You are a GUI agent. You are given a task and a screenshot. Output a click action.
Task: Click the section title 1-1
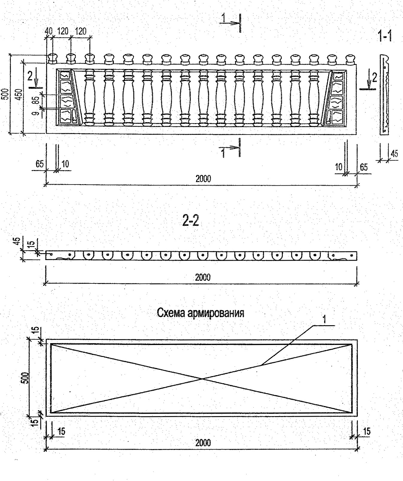point(385,36)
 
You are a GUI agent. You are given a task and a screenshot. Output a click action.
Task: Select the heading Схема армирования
point(200,313)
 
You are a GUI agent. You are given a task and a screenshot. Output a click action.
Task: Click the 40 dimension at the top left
point(48,31)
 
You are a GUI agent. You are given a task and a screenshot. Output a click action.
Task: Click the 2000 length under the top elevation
point(203,179)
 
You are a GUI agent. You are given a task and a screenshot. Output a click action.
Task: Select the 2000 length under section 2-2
point(203,277)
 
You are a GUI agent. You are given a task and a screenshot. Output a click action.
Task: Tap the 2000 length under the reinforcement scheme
point(203,443)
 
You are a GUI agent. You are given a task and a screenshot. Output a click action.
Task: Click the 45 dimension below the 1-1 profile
point(394,154)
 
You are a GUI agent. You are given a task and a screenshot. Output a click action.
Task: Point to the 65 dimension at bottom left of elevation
point(39,164)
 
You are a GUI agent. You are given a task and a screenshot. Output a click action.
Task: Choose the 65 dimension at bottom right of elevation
point(364,167)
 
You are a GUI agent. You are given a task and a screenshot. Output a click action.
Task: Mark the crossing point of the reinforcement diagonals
point(202,379)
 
